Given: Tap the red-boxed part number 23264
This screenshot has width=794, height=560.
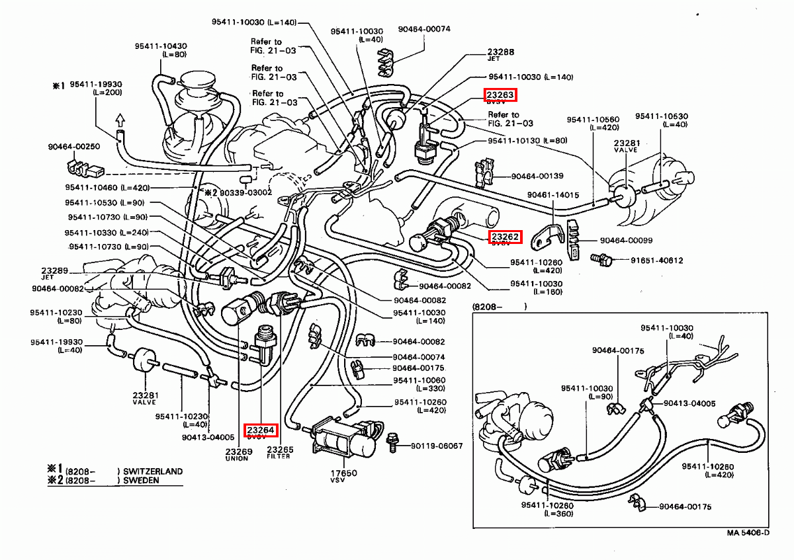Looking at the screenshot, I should click(261, 430).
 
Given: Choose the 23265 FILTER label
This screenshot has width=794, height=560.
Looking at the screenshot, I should click(279, 452).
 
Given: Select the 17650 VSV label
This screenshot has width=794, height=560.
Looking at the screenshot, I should click(344, 476).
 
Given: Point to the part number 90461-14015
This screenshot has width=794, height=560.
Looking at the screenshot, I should click(552, 195).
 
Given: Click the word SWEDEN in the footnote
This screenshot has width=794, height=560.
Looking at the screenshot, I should click(141, 481).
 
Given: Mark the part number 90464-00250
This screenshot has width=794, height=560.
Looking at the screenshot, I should click(73, 147).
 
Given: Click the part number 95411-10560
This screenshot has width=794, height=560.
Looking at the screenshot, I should click(593, 119).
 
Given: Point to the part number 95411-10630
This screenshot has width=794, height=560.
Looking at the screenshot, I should click(662, 116).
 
